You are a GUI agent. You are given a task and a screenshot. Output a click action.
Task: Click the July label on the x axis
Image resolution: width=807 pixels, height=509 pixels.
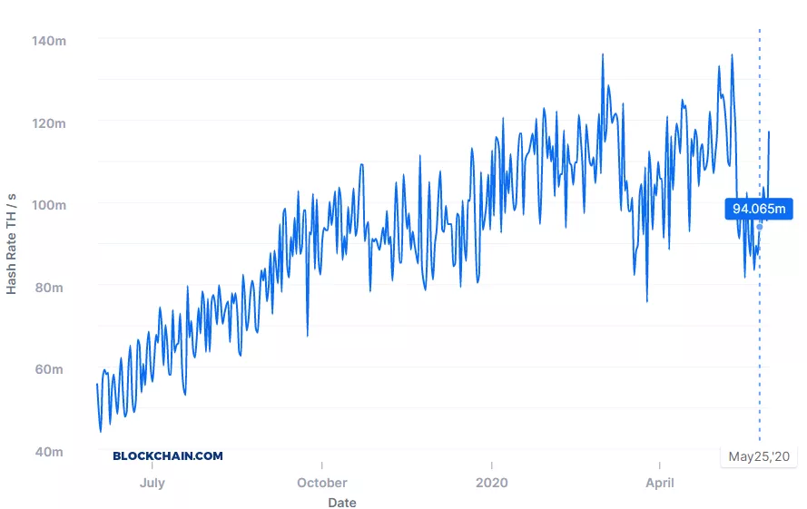point(153,483)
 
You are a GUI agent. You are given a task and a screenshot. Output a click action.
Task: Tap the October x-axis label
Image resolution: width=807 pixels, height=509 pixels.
point(321,483)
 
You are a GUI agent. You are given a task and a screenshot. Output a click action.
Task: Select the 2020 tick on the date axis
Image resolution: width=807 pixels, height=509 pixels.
point(491,483)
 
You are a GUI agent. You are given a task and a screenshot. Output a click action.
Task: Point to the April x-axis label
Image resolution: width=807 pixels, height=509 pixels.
point(660,483)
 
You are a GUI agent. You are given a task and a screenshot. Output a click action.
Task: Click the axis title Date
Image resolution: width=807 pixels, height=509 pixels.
point(342,503)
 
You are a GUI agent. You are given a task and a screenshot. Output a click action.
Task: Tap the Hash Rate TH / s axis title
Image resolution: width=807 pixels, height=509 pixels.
point(12,243)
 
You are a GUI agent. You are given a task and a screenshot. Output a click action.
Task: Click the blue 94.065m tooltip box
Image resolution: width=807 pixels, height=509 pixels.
point(759,210)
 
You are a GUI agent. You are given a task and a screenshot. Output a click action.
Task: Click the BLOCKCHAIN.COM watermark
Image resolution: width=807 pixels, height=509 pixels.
point(168,456)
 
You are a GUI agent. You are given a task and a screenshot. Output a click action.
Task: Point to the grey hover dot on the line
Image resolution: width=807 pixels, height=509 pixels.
point(760,227)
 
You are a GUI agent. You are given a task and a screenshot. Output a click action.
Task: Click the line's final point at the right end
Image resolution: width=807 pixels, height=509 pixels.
point(769,132)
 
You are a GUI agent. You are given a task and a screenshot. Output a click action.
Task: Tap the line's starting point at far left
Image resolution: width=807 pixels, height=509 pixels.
point(97,385)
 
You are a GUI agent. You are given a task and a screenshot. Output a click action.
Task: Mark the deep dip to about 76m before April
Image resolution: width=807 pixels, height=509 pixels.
point(647,301)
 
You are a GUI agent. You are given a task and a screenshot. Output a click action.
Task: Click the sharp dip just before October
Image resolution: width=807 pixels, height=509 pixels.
point(307,336)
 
